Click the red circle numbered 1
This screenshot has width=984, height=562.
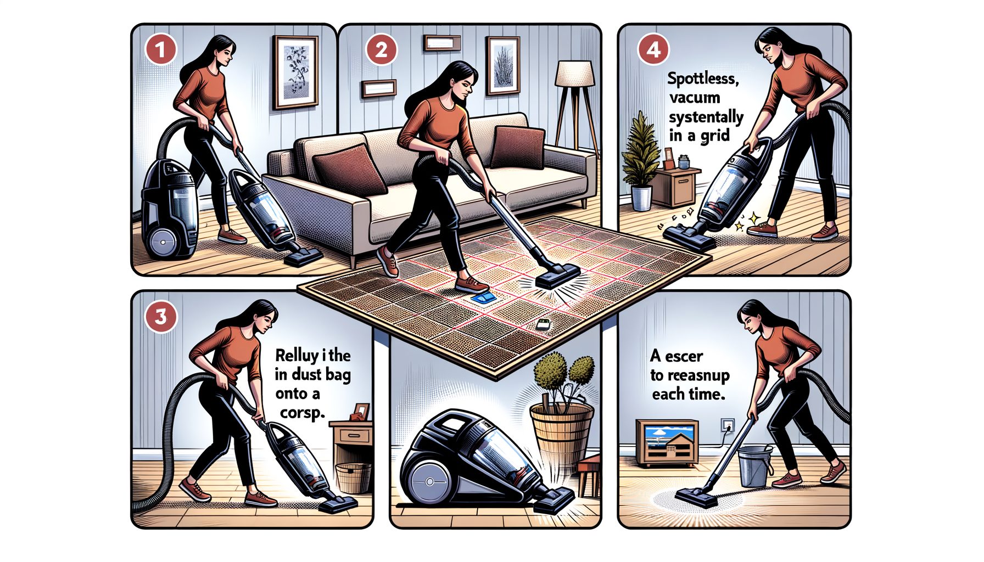click(x=160, y=50)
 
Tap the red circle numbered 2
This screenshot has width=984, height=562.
click(x=381, y=50)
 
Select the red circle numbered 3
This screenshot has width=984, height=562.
click(x=160, y=317)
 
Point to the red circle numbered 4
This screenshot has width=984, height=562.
click(x=653, y=50)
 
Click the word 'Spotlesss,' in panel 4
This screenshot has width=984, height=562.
click(x=702, y=78)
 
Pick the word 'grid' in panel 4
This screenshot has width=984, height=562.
click(x=714, y=135)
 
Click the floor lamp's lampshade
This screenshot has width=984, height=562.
click(x=574, y=74)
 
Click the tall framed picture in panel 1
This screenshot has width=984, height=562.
click(x=295, y=72)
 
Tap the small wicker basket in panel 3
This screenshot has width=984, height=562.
click(x=353, y=477)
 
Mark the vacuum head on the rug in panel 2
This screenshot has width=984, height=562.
click(x=557, y=278)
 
